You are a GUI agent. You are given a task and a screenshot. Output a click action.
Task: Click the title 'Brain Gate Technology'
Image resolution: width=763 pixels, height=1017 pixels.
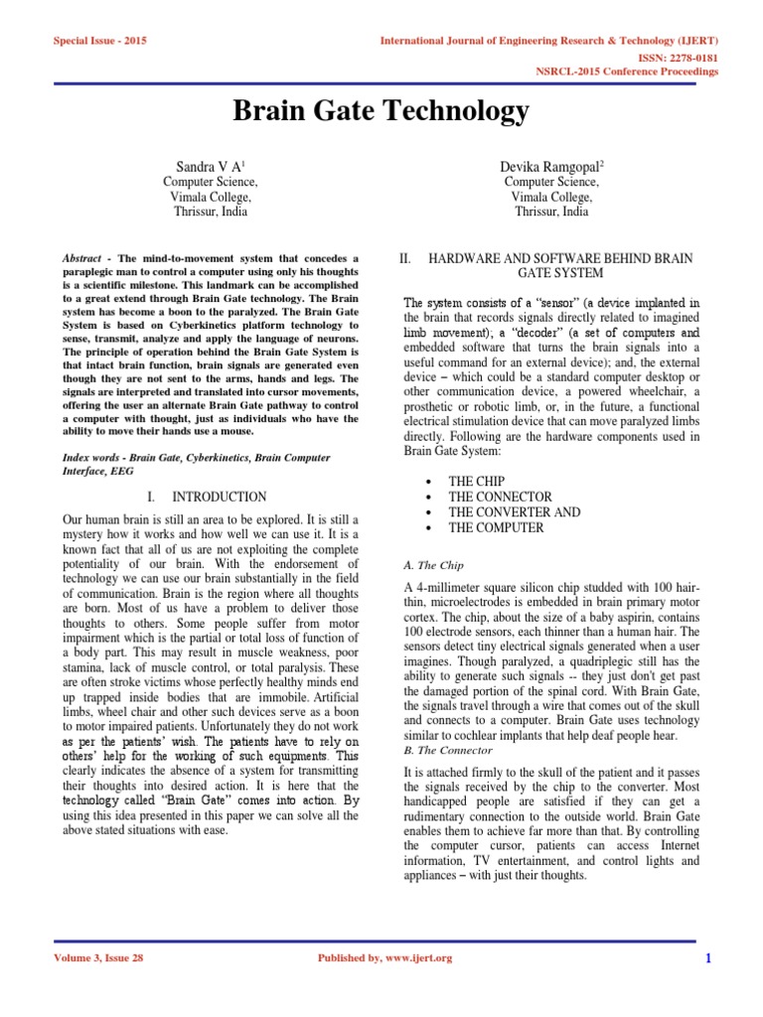click(381, 112)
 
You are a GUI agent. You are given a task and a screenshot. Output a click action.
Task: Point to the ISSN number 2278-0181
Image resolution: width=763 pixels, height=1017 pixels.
click(687, 58)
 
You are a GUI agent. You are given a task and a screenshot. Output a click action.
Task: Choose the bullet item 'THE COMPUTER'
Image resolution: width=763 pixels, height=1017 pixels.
click(496, 528)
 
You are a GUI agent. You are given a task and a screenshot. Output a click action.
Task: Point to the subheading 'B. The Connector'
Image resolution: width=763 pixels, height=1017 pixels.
click(448, 751)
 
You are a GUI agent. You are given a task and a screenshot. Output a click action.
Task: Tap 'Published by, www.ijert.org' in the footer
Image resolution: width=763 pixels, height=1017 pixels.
click(383, 957)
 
